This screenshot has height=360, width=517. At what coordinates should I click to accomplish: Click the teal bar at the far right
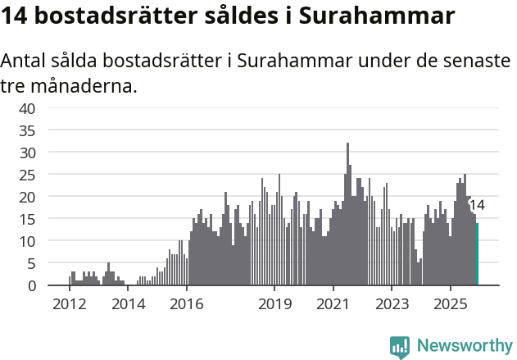coord(478,254)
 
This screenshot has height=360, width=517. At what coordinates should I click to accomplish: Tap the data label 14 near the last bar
coord(477,205)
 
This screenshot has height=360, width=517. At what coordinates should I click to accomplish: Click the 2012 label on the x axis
coord(70,304)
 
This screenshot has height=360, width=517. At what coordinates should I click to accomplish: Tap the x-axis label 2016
coord(187,304)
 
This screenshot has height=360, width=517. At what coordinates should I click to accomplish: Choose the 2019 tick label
coord(274,304)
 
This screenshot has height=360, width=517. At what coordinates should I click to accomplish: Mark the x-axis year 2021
coord(333,304)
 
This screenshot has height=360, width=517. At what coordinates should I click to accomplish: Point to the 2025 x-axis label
coord(451,304)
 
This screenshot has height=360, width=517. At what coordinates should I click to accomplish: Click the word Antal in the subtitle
coord(25,62)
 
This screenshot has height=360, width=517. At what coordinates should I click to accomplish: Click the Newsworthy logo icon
coord(400,346)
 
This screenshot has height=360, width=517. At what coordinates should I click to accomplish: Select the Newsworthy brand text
coord(464,346)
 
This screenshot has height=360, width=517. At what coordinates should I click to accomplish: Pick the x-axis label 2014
coord(129,304)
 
